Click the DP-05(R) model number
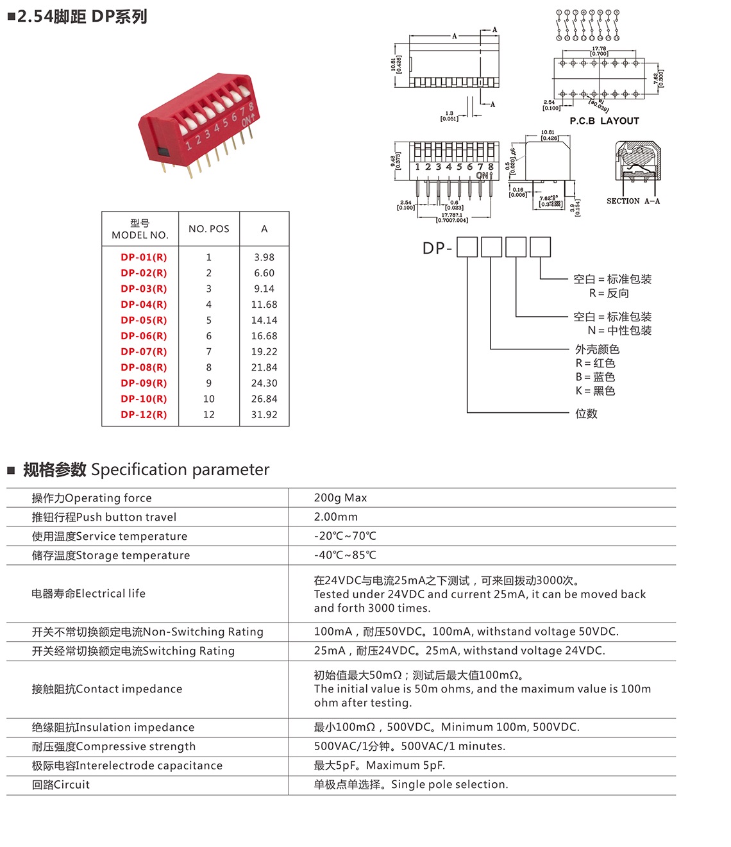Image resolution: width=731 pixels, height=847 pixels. click(144, 320)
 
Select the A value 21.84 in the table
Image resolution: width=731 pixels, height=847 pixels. click(264, 367)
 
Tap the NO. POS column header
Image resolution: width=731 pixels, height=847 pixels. click(209, 229)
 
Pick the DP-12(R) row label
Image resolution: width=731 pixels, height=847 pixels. click(144, 415)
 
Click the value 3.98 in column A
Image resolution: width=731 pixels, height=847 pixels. click(264, 257)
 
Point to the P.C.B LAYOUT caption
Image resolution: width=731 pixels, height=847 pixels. click(604, 121)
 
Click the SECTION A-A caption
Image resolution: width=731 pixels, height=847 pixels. click(633, 201)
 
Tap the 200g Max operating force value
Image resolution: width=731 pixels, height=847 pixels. click(340, 498)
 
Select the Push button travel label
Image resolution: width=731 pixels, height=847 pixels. click(104, 517)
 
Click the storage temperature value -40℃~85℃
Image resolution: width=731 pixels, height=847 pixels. click(345, 555)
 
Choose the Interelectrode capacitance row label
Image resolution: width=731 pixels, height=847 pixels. click(127, 766)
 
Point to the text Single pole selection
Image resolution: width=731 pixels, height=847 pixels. click(450, 784)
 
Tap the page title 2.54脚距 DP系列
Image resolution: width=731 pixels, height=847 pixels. click(81, 17)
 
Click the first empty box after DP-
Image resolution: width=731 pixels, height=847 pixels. click(467, 247)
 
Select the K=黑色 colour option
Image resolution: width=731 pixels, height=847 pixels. click(595, 390)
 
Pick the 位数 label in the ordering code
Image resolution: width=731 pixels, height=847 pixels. click(586, 414)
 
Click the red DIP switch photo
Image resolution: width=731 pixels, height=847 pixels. click(197, 125)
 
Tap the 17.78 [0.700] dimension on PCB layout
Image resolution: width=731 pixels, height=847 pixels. click(599, 51)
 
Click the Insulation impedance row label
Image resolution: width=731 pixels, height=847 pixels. click(113, 727)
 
